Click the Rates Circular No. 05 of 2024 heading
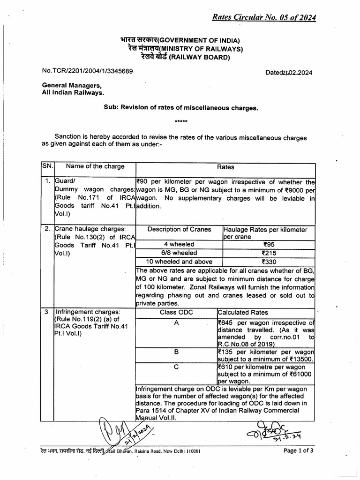pos(264,18)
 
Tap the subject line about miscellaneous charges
pos(180,107)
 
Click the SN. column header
pos(48,166)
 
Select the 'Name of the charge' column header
pos(95,166)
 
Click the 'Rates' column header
pos(225,167)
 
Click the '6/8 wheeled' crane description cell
pos(179,253)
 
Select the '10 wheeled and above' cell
pos(179,262)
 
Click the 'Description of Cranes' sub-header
pos(179,229)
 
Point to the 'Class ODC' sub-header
pos(176,312)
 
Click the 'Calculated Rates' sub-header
pos(243,313)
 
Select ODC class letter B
pos(176,352)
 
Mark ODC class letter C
pos(176,367)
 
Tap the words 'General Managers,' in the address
pos(71,86)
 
